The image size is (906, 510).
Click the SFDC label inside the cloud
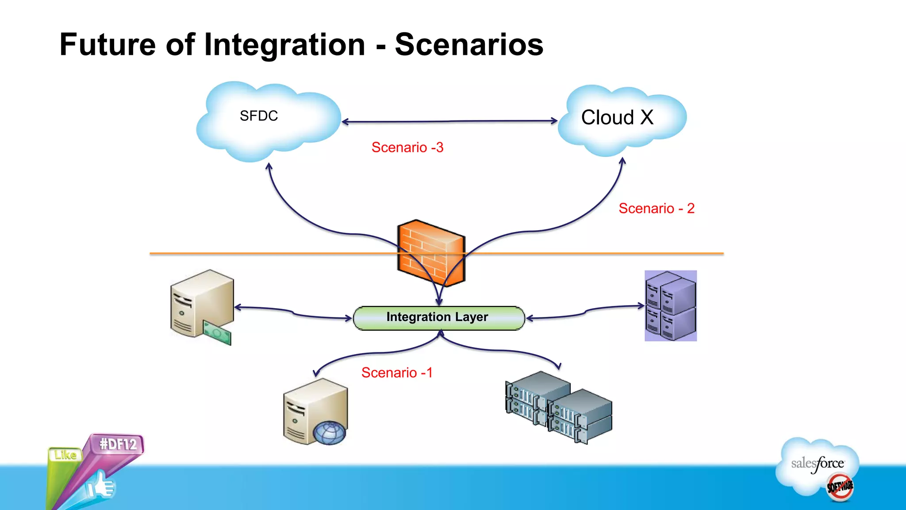pyautogui.click(x=259, y=116)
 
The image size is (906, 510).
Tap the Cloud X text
pyautogui.click(x=617, y=118)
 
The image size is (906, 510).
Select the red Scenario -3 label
pyautogui.click(x=407, y=147)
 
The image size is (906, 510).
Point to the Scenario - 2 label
pyautogui.click(x=656, y=209)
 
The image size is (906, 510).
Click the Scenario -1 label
pyautogui.click(x=396, y=373)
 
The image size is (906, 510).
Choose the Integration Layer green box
pyautogui.click(x=438, y=318)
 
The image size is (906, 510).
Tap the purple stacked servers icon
pyautogui.click(x=670, y=306)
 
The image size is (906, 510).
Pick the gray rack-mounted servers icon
pyautogui.click(x=558, y=407)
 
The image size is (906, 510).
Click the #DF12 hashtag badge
pyautogui.click(x=118, y=444)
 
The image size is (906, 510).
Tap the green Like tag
pyautogui.click(x=65, y=455)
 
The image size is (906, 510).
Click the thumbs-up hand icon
pyautogui.click(x=101, y=486)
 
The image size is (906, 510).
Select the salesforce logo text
pyautogui.click(x=817, y=464)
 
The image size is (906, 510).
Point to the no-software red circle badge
pyautogui.click(x=840, y=487)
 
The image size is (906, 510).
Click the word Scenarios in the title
pyautogui.click(x=469, y=45)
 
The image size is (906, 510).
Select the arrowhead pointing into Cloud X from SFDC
pyautogui.click(x=554, y=120)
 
